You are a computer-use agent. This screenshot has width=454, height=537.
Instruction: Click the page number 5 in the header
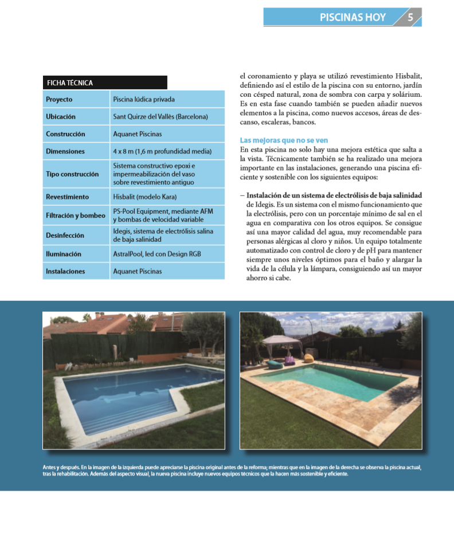(x=410, y=17)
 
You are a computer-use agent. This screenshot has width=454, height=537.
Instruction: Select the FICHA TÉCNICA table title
(x=69, y=83)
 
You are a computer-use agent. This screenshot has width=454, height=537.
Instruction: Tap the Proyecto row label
(x=59, y=99)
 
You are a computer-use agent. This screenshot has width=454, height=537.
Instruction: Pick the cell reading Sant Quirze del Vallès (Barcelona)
(x=161, y=116)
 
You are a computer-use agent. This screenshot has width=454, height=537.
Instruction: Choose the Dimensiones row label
(x=65, y=151)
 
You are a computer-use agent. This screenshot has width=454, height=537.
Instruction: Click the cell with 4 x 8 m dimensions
(x=162, y=151)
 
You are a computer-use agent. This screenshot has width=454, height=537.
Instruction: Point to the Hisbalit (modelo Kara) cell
(x=145, y=197)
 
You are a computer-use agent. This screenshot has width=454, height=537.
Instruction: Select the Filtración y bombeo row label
(x=76, y=215)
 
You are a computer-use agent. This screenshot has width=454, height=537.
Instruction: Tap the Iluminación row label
(x=64, y=254)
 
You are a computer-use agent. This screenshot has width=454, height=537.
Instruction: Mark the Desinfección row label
(x=65, y=235)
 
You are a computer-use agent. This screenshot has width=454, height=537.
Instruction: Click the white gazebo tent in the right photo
(x=280, y=344)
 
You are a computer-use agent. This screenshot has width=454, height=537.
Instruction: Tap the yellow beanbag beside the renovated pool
(x=309, y=358)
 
